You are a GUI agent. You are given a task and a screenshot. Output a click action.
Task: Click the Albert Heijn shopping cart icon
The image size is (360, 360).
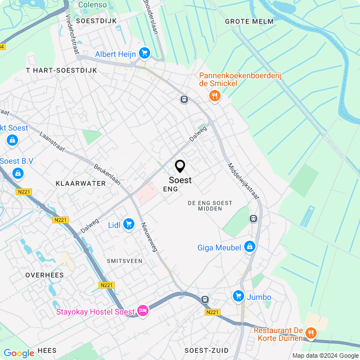pyautogui.click(x=145, y=53)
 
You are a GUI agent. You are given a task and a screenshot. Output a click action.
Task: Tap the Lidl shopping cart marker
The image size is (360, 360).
pyautogui.click(x=129, y=224)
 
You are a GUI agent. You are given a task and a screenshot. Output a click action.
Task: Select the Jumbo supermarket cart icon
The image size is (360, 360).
pyautogui.click(x=238, y=296)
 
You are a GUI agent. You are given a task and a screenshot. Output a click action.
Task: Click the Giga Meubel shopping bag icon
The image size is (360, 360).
pyautogui.click(x=250, y=247)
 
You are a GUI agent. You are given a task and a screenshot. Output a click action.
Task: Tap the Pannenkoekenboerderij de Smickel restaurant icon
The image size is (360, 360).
pyautogui.click(x=214, y=96)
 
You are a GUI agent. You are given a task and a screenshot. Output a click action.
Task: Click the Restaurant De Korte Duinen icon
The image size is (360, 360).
pyautogui.click(x=310, y=334)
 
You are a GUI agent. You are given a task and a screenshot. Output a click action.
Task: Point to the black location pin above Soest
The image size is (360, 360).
pyautogui.click(x=180, y=166)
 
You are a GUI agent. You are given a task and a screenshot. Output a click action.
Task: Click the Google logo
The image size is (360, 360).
pyautogui.click(x=19, y=353)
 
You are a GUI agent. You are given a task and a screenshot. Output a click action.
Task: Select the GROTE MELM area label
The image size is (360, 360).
pyautogui.click(x=249, y=21)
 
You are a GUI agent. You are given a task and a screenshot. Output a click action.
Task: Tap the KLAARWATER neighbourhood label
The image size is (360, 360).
pyautogui.click(x=80, y=183)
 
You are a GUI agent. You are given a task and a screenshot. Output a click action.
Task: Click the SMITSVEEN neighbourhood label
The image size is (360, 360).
pyautogui.click(x=124, y=261)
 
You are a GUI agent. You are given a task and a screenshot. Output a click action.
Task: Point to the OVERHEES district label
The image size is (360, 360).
pyautogui.click(x=44, y=275)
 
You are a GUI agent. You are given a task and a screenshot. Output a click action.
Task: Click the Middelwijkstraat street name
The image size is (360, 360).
pyautogui.click(x=244, y=181)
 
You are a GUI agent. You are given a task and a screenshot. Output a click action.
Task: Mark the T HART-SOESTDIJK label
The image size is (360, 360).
pyautogui.click(x=62, y=70)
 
